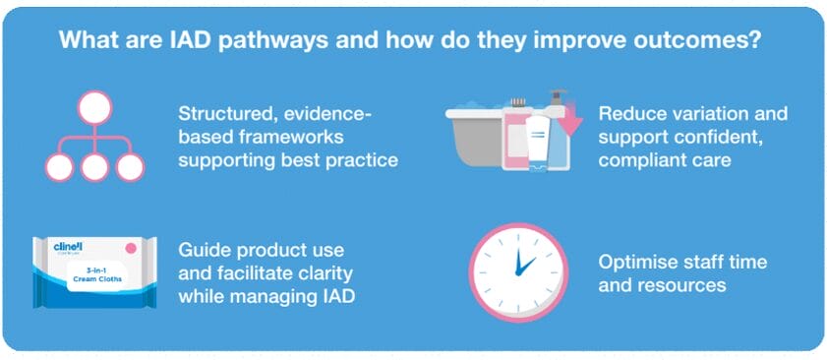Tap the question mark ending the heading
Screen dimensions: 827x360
(754, 40)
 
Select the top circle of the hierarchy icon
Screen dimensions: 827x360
(95, 107)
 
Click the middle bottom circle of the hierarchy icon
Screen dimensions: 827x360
(95, 167)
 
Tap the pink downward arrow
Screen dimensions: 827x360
(568, 120)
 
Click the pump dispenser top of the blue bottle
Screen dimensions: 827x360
(556, 98)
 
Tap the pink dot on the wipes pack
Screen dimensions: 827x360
(130, 247)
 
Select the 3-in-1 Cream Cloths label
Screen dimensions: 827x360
(96, 275)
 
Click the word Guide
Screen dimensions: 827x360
(200, 249)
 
